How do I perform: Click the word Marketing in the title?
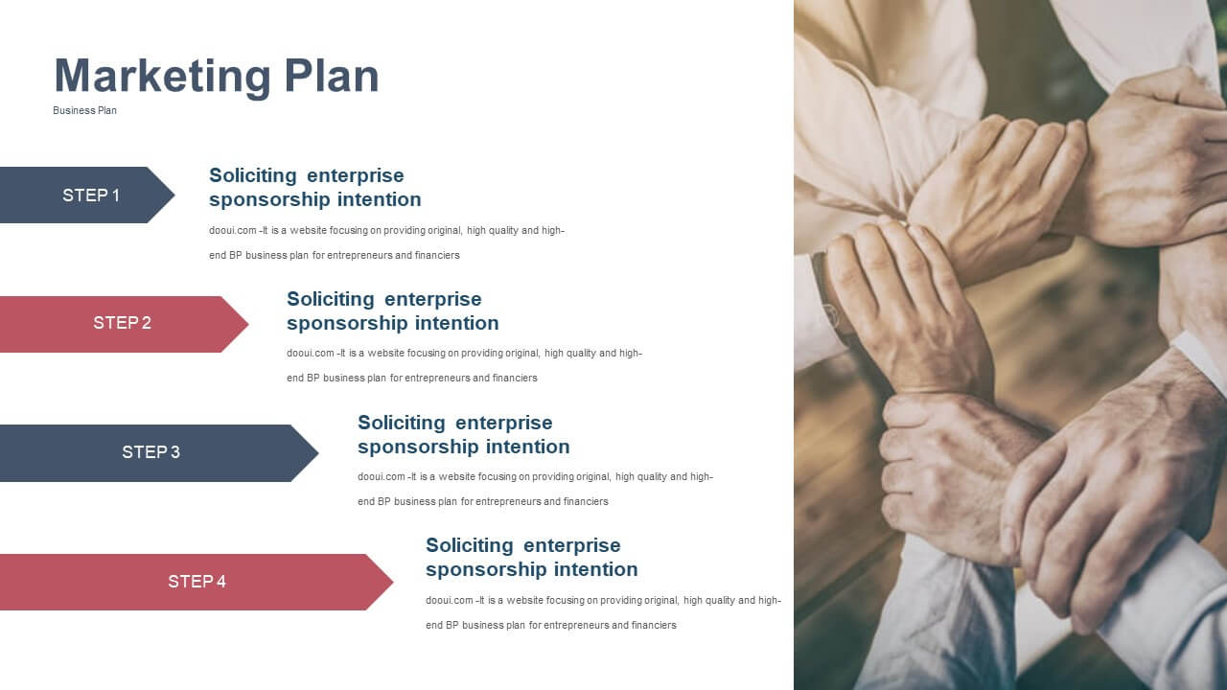tap(163, 78)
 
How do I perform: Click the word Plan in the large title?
tap(332, 76)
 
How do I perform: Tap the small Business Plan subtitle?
tap(84, 110)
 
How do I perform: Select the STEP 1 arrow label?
tap(90, 195)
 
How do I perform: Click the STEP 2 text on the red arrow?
tap(122, 323)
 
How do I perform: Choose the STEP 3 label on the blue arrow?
tap(150, 451)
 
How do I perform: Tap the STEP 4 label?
tap(197, 581)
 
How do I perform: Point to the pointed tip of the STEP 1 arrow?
tap(174, 195)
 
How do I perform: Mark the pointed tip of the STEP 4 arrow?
tap(393, 582)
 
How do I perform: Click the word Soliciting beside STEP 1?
tap(252, 175)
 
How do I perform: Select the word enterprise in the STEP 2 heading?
tap(432, 300)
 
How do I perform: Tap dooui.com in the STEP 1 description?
tap(232, 231)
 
